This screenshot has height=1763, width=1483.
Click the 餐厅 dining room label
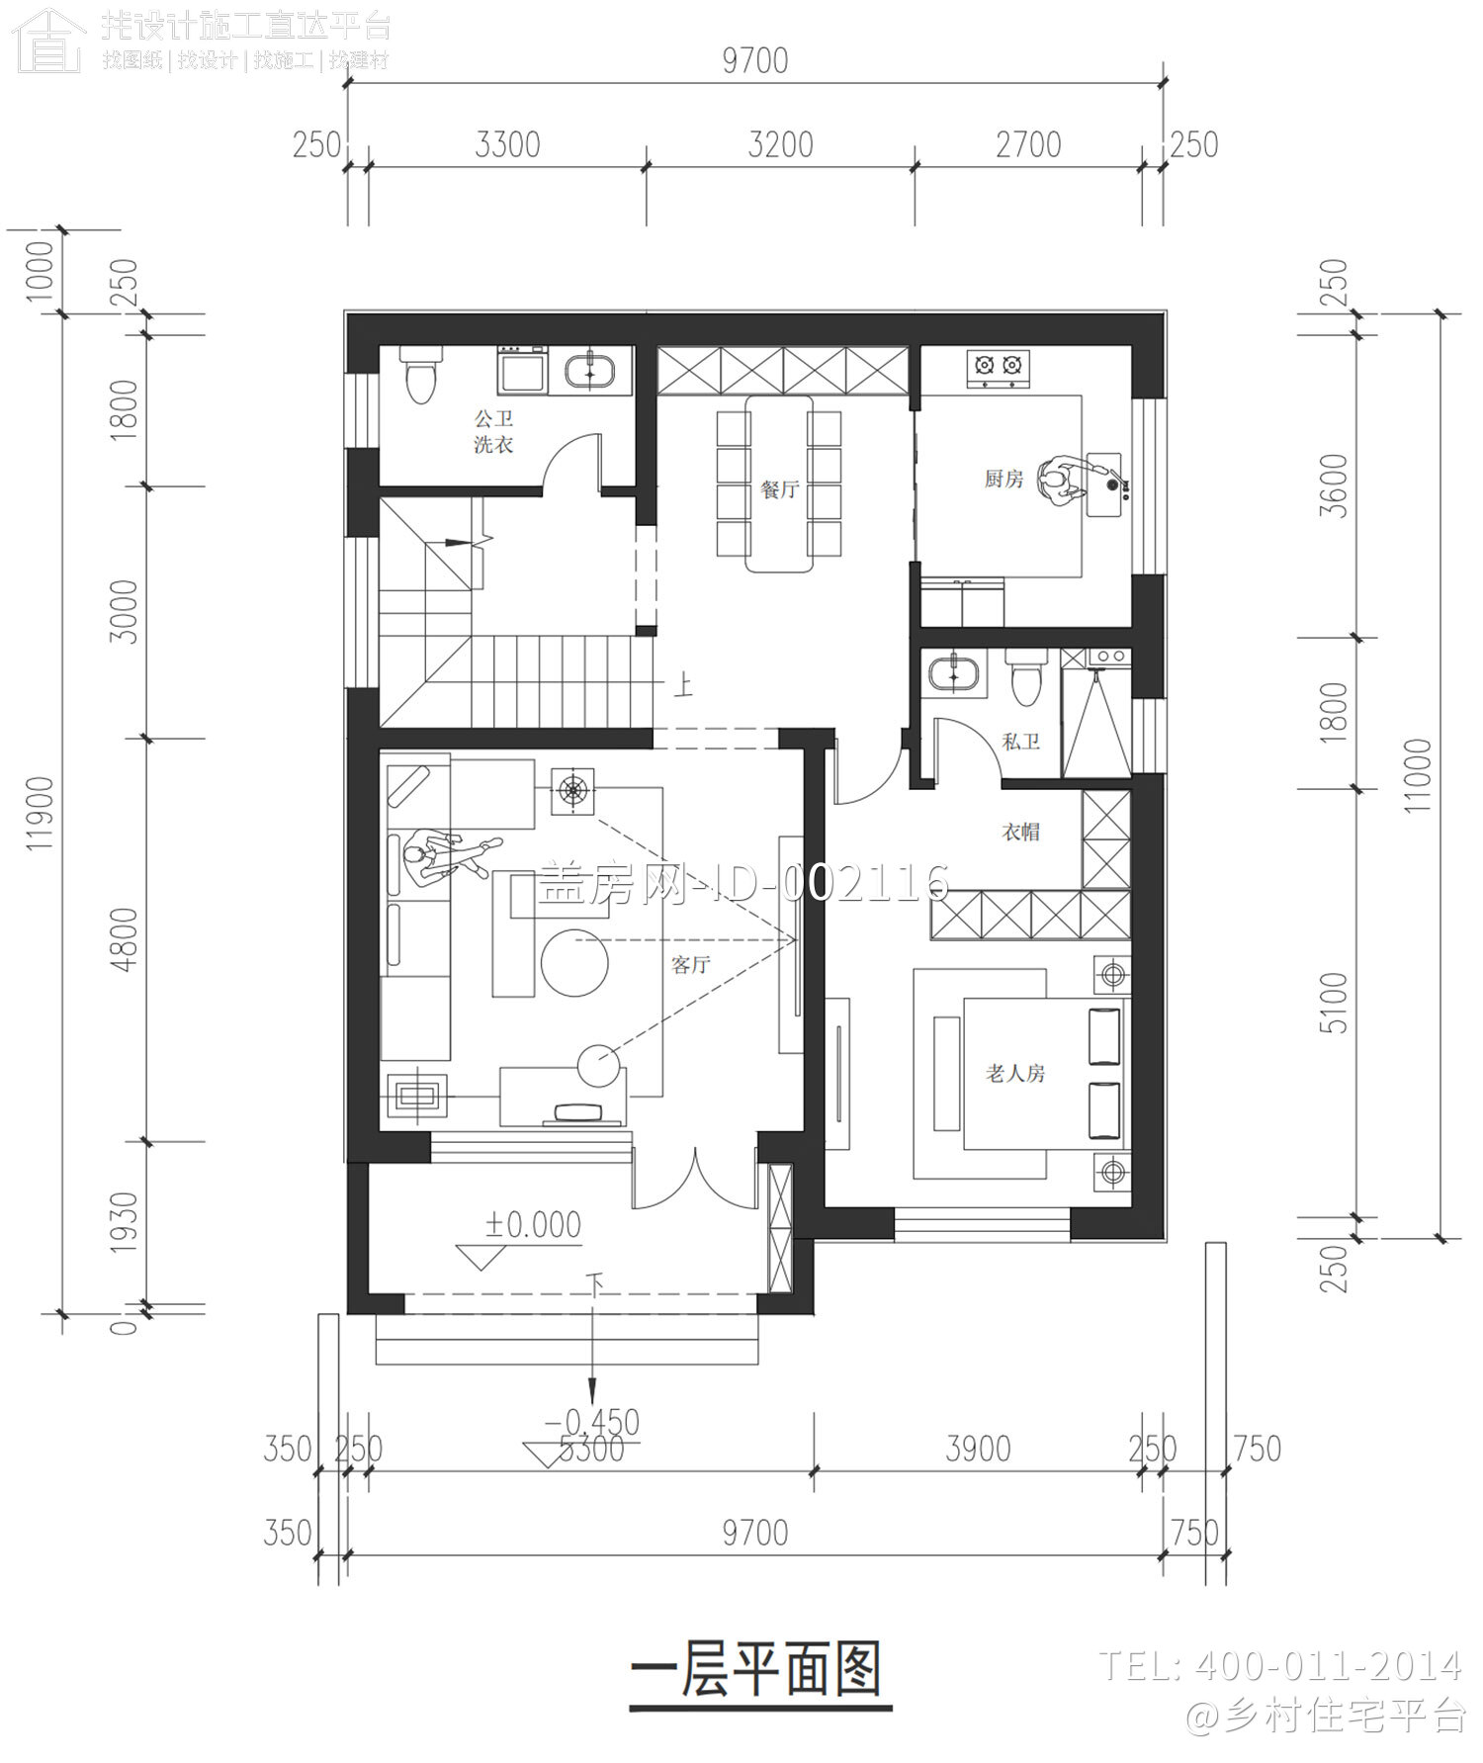(x=779, y=488)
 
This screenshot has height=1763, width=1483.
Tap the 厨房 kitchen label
(x=1003, y=479)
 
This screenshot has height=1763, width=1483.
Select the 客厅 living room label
(x=690, y=964)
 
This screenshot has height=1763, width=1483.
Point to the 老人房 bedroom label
(x=1014, y=1073)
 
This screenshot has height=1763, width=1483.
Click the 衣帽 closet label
(x=1020, y=832)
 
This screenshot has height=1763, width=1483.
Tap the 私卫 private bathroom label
(x=1020, y=742)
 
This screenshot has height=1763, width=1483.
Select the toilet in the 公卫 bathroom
(x=421, y=375)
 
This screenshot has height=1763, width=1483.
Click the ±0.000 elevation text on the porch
(x=533, y=1225)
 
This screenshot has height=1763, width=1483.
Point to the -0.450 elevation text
(x=592, y=1422)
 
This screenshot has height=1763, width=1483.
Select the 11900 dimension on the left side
(x=40, y=813)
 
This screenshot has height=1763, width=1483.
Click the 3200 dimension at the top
(x=780, y=145)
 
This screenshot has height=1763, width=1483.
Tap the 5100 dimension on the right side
(x=1334, y=1003)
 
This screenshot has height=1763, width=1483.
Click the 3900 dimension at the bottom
(x=978, y=1449)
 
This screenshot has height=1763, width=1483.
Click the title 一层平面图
(x=757, y=1672)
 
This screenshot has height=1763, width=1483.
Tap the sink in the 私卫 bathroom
(x=955, y=673)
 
